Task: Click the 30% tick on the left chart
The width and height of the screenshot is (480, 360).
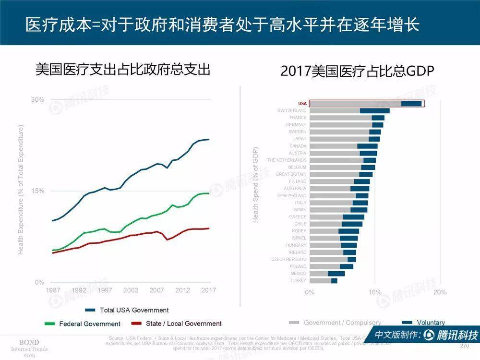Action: point(37,100)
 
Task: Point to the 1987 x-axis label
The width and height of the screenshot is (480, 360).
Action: point(53,290)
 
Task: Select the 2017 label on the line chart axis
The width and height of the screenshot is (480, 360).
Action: point(208,290)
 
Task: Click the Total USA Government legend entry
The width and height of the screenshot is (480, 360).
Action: point(134,310)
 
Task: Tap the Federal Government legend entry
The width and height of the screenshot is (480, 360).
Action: point(90,324)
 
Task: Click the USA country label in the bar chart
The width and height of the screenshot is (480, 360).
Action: point(302,104)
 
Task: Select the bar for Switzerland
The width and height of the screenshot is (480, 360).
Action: point(349,111)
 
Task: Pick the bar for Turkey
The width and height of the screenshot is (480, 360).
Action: point(324,280)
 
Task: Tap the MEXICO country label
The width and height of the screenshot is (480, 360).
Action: point(298,273)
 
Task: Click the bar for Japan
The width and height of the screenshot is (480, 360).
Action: point(345,139)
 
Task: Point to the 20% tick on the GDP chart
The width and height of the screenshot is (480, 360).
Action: point(440,292)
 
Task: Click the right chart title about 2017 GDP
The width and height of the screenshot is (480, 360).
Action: point(357,72)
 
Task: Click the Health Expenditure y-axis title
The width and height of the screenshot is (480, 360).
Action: point(21,190)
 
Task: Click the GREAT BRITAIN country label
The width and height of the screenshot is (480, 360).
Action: point(291,174)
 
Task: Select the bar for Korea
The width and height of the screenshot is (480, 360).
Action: point(334,231)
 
